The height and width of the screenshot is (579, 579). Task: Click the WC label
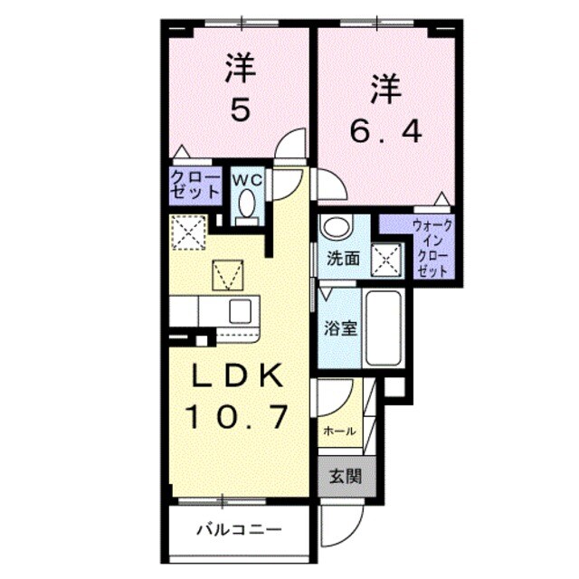tap(246, 180)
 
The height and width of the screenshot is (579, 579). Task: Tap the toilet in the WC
tap(246, 208)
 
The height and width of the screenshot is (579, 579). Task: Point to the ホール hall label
tap(338, 431)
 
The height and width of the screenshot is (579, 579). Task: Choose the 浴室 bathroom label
tap(339, 328)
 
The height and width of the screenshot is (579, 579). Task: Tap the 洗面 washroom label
tap(343, 258)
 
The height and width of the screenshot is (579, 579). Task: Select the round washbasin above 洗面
tap(336, 227)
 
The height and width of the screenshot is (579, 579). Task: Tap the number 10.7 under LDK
tap(238, 416)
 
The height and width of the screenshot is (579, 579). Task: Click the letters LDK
tap(238, 375)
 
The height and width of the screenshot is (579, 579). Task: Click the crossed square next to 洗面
tap(391, 259)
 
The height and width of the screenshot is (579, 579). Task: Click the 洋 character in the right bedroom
tap(385, 90)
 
